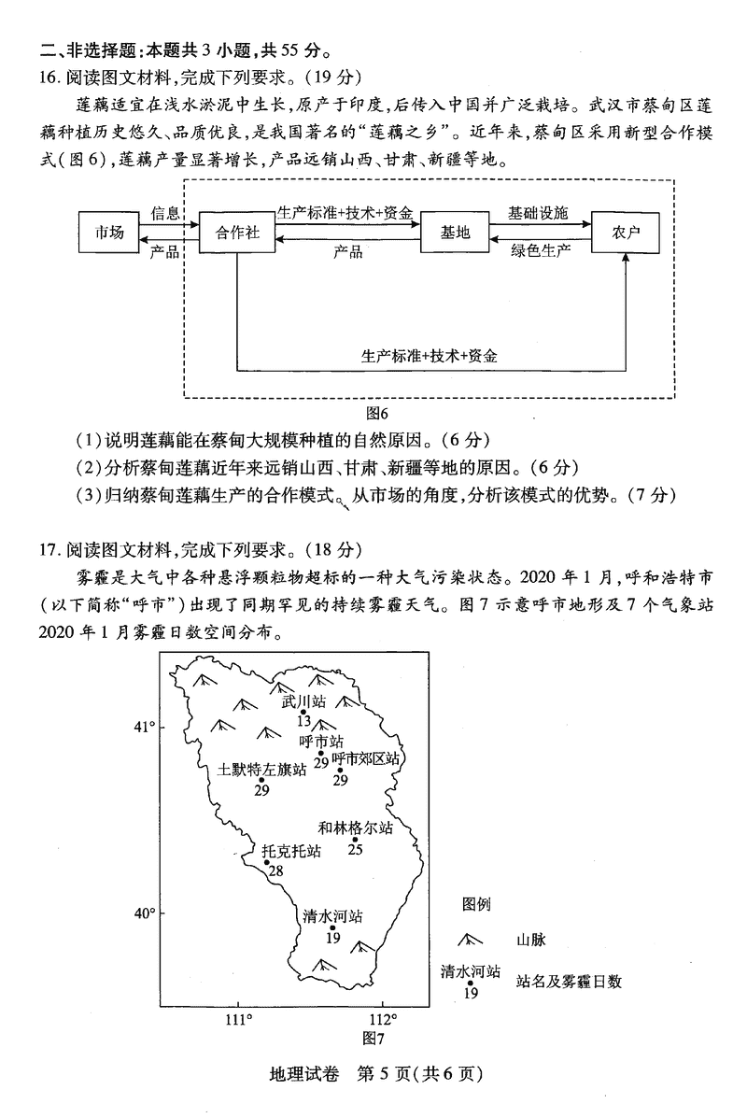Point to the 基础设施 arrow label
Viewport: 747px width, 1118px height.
click(x=537, y=213)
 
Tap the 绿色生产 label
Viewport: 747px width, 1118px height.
click(x=541, y=249)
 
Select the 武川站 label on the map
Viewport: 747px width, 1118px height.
click(x=304, y=701)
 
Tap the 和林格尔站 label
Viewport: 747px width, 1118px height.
click(x=355, y=828)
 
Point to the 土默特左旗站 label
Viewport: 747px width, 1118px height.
click(x=262, y=770)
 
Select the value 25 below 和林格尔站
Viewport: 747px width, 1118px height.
click(x=356, y=849)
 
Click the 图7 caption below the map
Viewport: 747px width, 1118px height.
click(x=373, y=1038)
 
